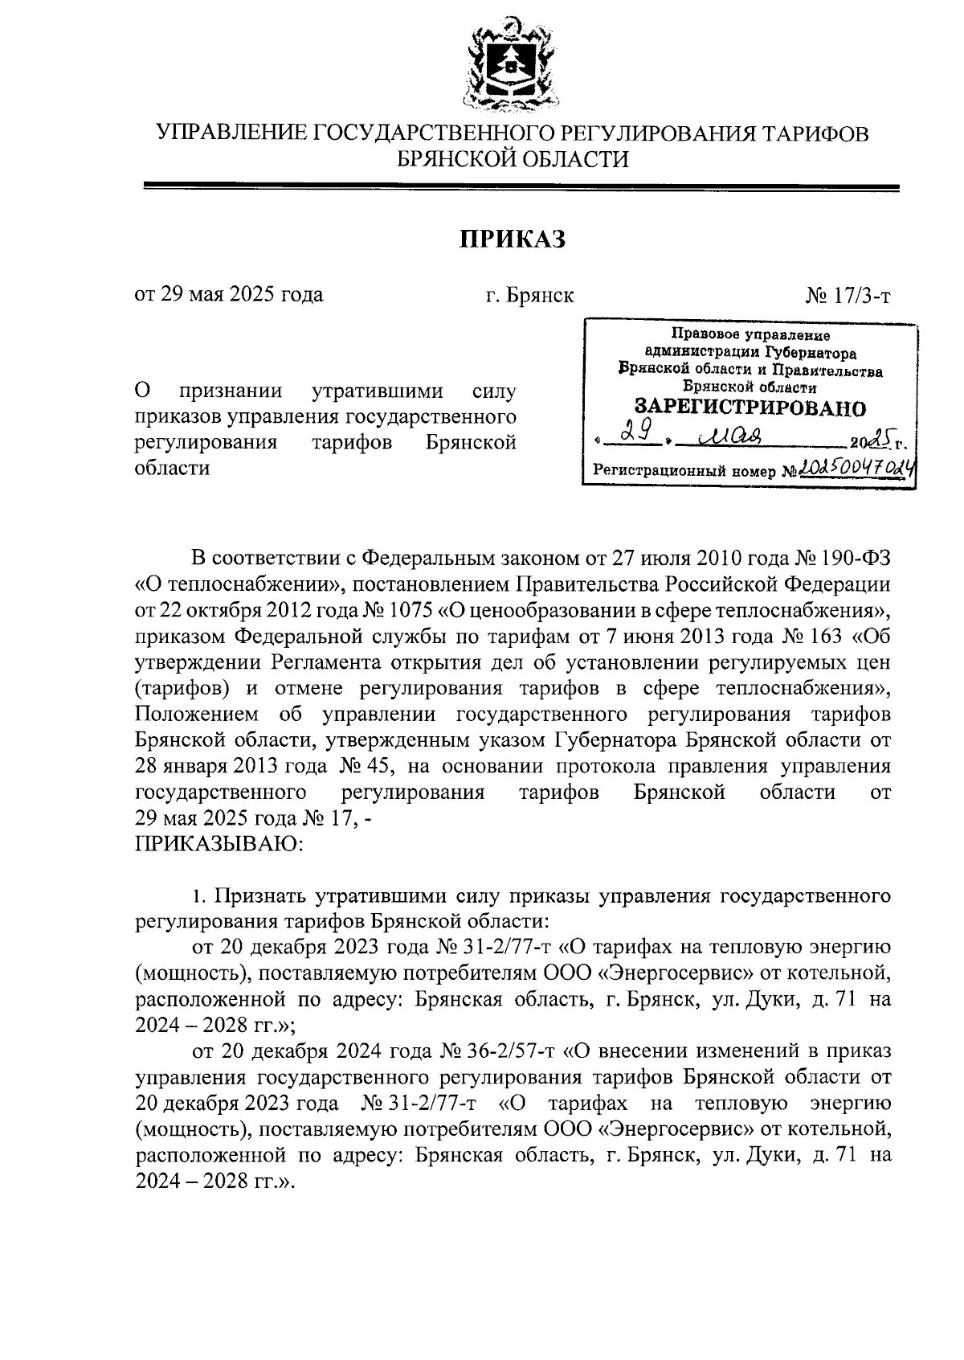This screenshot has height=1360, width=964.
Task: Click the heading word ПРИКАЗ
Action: [513, 240]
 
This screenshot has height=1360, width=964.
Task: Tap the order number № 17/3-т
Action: [848, 297]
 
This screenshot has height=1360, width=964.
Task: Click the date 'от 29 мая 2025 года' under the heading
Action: [229, 295]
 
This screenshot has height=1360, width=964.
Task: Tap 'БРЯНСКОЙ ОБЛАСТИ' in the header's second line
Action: [514, 160]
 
